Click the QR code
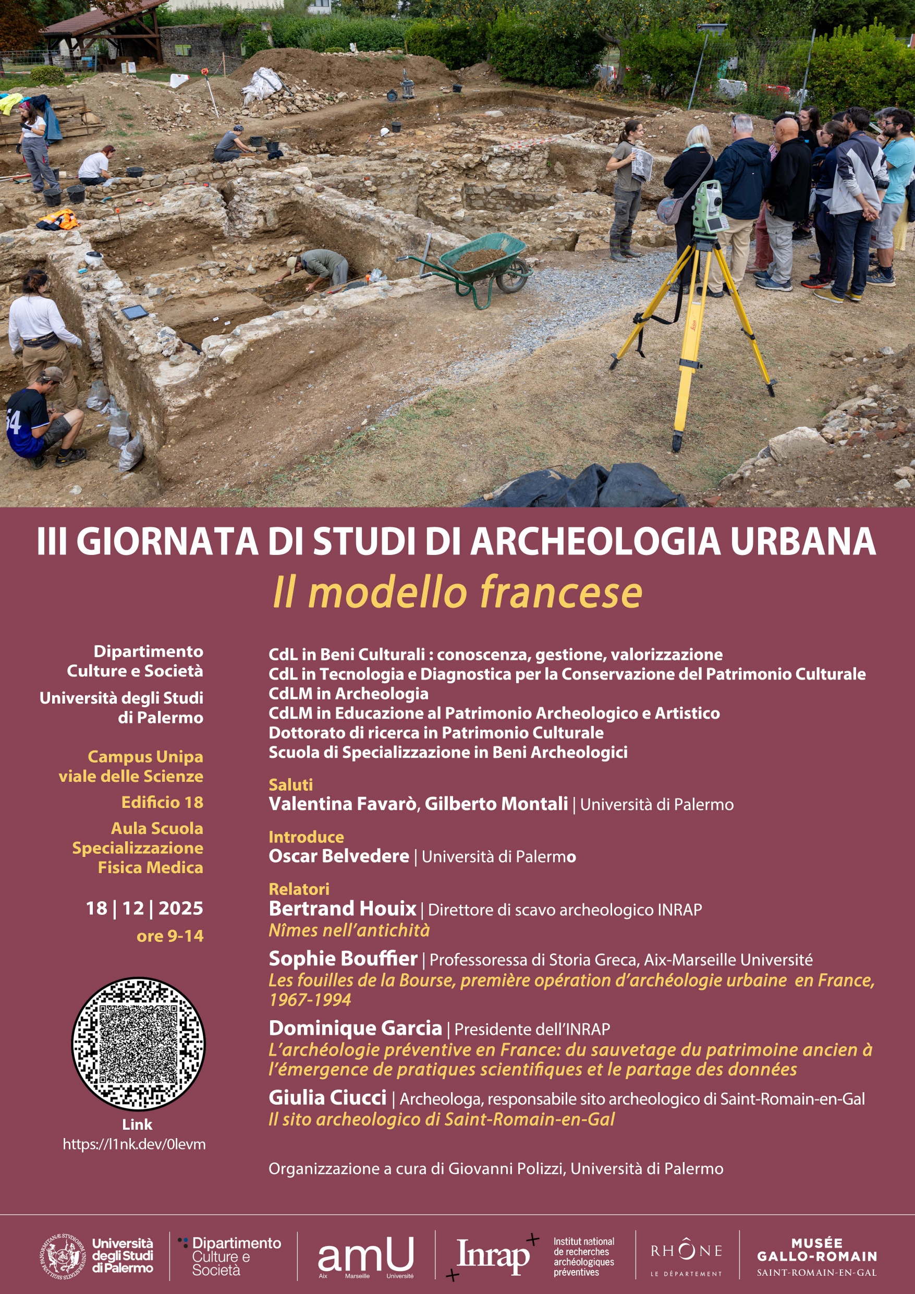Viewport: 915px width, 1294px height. (x=138, y=1044)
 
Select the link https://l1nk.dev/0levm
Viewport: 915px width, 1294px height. (x=134, y=1144)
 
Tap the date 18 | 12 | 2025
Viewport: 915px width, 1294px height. (x=144, y=908)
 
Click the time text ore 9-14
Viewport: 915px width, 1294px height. (x=169, y=936)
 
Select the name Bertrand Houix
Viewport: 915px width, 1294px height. (x=342, y=909)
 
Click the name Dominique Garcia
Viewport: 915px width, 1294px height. (x=355, y=1028)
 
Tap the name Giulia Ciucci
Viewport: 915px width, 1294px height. (x=327, y=1097)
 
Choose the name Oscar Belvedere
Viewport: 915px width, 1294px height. (x=338, y=856)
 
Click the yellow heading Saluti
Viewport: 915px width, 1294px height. (x=290, y=784)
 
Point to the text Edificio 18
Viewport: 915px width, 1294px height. (x=162, y=802)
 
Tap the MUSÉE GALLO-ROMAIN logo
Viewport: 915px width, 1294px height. (x=816, y=1256)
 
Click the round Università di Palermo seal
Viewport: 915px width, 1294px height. (x=63, y=1256)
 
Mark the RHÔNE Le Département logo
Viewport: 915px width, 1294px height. (x=686, y=1256)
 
